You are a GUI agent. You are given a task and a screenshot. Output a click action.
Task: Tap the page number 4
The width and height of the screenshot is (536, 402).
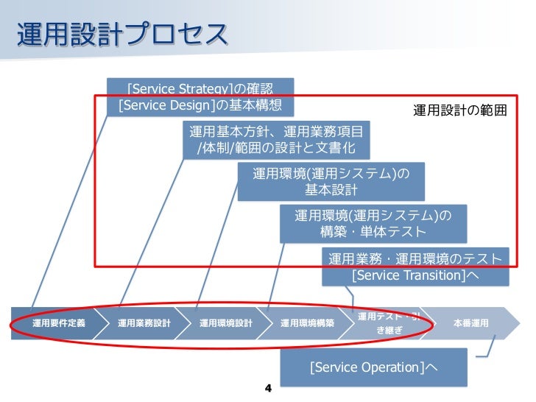268,387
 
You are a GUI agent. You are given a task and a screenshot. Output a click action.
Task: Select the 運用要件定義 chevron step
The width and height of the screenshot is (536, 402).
59,323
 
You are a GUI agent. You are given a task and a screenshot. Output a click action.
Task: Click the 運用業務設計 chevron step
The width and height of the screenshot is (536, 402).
144,323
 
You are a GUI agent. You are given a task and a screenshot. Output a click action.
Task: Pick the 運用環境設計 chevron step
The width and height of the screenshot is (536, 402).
226,323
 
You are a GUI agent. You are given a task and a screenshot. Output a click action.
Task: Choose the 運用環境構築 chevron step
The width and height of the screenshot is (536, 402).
307,323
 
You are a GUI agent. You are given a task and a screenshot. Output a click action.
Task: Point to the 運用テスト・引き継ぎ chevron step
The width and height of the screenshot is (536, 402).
389,323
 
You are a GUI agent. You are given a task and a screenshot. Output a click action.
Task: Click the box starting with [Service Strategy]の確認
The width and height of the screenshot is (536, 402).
200,98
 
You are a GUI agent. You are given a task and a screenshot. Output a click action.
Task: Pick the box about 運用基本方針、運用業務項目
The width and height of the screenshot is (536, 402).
276,140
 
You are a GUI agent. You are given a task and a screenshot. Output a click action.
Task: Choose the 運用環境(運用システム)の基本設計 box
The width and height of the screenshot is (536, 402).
331,182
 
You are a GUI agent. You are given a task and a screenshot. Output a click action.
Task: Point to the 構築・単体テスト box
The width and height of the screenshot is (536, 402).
373,224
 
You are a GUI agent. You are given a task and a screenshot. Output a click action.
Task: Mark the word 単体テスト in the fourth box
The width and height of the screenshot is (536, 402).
395,232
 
